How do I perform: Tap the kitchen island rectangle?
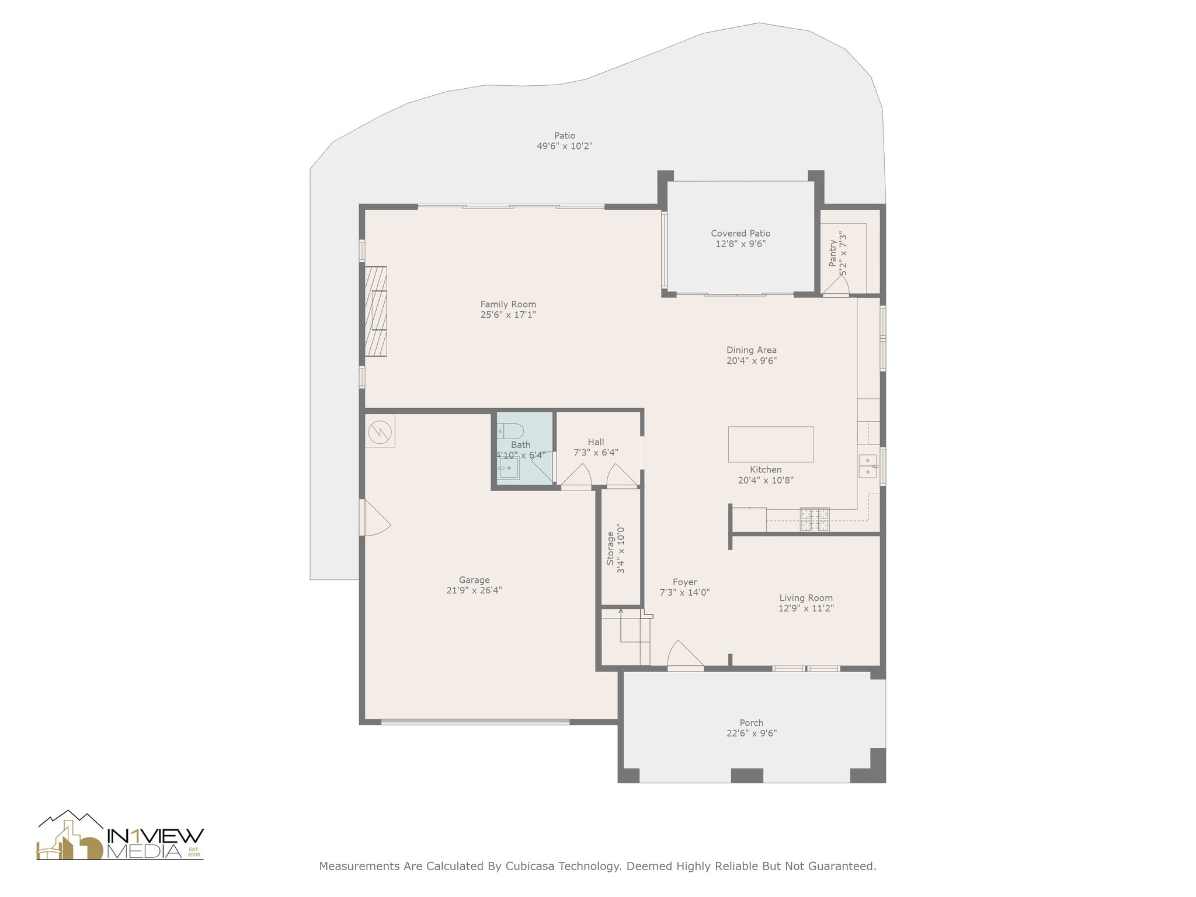[771, 444]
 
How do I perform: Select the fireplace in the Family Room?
[376, 311]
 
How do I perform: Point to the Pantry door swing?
[836, 286]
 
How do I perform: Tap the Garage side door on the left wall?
[376, 517]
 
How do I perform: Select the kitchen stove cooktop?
[815, 520]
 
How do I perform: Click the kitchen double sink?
[867, 466]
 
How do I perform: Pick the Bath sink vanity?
[509, 468]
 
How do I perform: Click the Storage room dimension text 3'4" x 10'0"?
[621, 548]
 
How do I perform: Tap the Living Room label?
[806, 598]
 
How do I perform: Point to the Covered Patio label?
[740, 234]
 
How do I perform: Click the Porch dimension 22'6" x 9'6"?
[752, 733]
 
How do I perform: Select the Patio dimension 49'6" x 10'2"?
[565, 146]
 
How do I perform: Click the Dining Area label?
[752, 350]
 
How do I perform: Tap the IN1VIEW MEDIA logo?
[120, 835]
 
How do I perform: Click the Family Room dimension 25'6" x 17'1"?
[508, 315]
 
